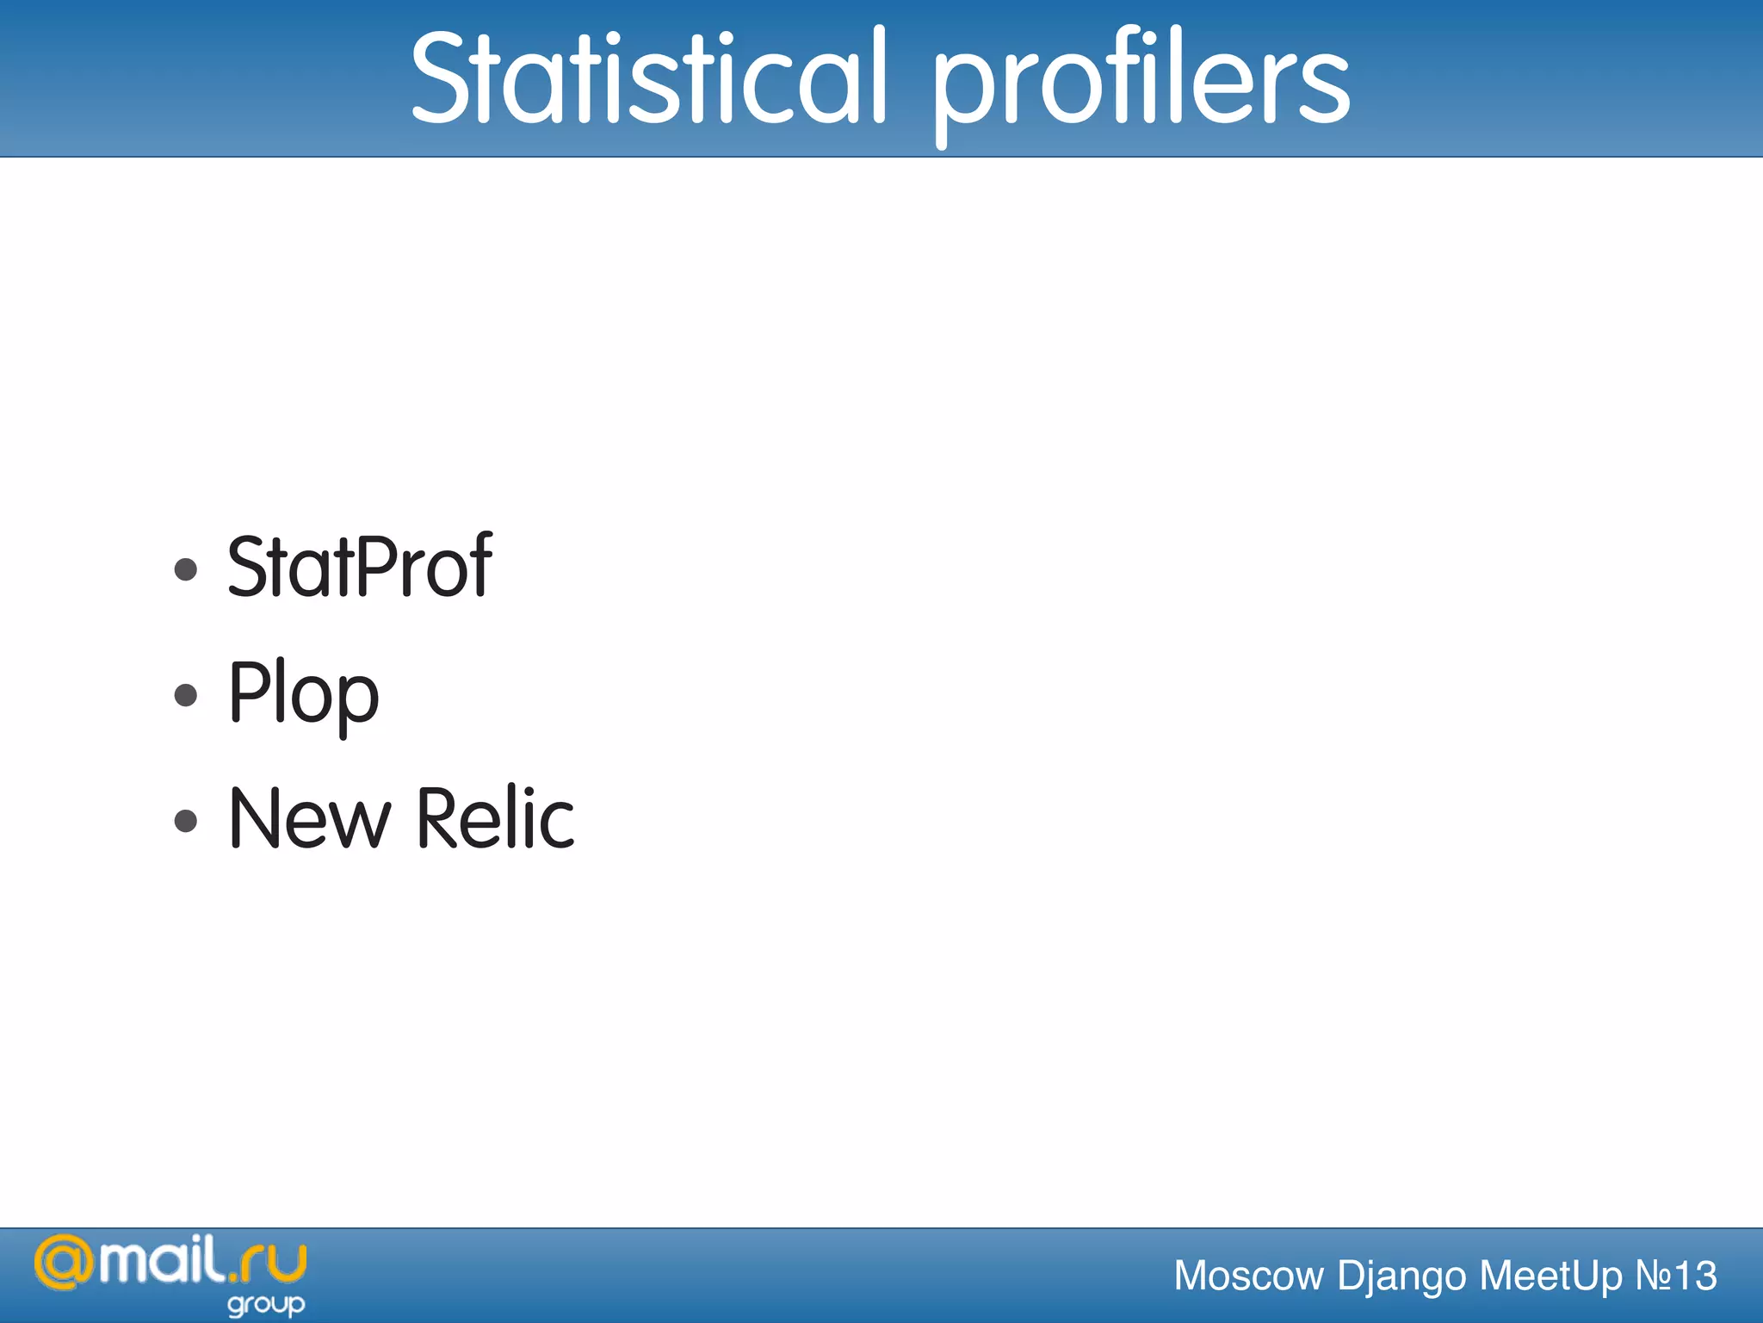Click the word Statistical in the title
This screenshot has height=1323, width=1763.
tap(648, 78)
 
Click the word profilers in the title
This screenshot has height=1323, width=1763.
tap(1141, 82)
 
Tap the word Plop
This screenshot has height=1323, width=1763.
tap(303, 693)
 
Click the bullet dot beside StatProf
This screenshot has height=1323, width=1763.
tap(186, 569)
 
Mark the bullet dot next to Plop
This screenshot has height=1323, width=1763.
tap(186, 695)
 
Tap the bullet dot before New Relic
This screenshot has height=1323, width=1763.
tap(186, 821)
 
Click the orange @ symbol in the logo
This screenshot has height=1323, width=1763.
tap(65, 1264)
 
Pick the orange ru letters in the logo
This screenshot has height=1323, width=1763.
tap(273, 1264)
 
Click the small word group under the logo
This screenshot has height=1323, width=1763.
tap(266, 1305)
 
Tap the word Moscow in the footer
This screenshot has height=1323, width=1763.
tap(1248, 1276)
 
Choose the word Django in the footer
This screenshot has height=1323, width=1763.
tap(1401, 1276)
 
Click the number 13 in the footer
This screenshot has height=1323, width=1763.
tap(1693, 1276)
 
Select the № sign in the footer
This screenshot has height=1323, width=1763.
tap(1651, 1276)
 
